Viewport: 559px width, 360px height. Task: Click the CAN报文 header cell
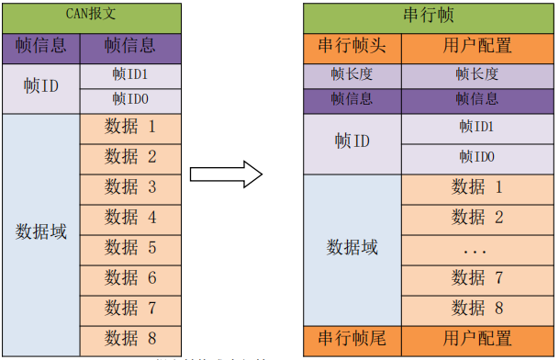pos(93,17)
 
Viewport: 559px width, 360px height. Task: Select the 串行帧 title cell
pos(430,17)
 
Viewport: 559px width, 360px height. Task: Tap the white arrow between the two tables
pos(226,174)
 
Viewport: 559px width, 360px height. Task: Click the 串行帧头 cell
pos(352,46)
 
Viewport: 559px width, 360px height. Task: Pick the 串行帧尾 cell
pos(352,338)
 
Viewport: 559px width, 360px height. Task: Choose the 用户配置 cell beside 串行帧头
pos(477,46)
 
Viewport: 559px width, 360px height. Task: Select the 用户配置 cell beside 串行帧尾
pos(477,338)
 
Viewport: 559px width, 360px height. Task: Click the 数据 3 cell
pos(131,186)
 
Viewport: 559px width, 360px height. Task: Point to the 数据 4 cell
pos(131,217)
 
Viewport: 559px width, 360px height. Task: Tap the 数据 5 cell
pos(131,247)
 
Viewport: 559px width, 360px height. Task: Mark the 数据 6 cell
pos(131,277)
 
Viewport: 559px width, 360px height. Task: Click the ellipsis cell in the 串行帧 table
pos(477,248)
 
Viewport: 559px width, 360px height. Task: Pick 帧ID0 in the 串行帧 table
pos(477,157)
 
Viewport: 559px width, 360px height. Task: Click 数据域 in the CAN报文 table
pos(41,231)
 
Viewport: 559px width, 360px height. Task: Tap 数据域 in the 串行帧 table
pos(352,248)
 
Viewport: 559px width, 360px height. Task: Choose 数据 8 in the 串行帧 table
pos(477,309)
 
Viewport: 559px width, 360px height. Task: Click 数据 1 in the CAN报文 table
pos(131,127)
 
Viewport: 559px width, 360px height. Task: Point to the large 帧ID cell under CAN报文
pos(41,88)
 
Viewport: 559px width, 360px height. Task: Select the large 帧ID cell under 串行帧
pos(352,141)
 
